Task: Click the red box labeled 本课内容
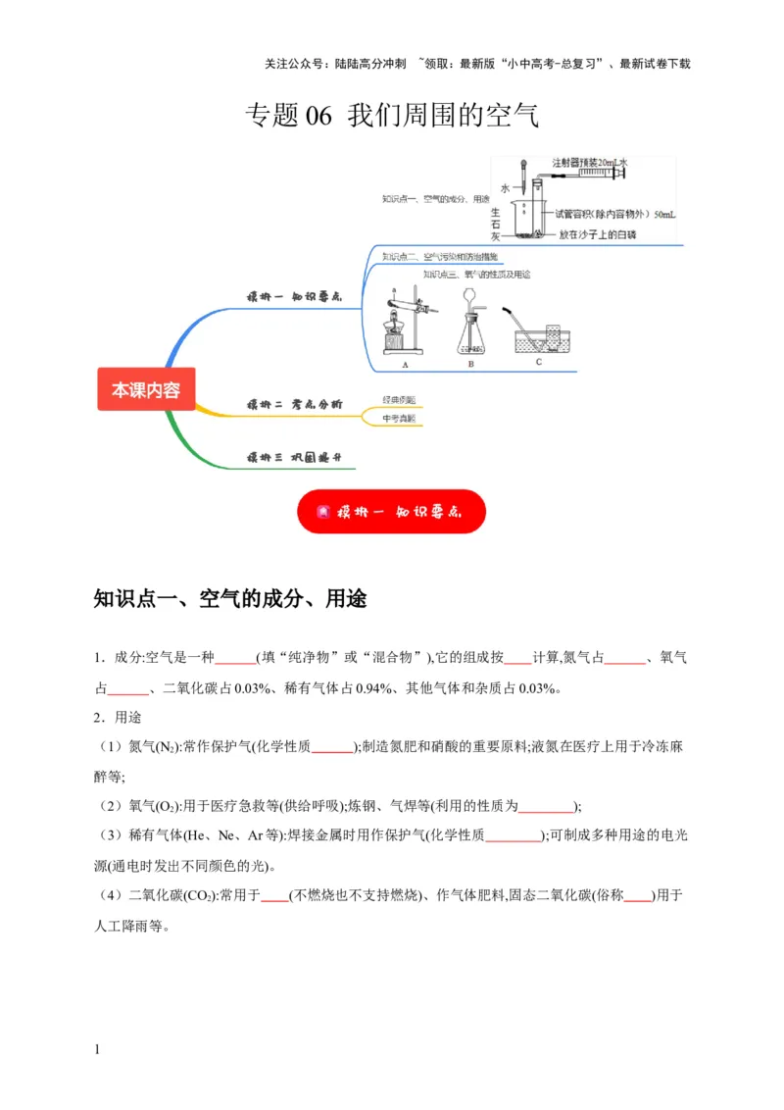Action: point(146,389)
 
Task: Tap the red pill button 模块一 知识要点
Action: point(391,512)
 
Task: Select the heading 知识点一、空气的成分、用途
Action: point(229,598)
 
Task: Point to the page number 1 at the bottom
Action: point(97,1051)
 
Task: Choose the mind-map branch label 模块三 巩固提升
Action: point(293,458)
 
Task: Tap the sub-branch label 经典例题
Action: point(399,400)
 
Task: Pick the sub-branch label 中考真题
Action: point(399,419)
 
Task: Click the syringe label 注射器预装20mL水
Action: point(589,162)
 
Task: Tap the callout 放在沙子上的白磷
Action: point(598,234)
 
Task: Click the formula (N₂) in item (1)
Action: point(168,747)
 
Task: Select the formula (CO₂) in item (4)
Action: point(200,894)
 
